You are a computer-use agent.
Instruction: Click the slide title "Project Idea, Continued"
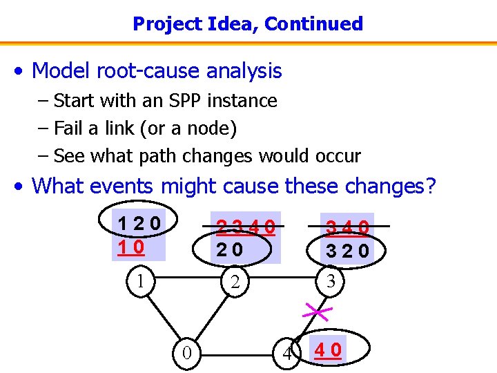(248, 24)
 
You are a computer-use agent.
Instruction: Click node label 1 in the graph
(140, 280)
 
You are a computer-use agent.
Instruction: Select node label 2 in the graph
(235, 281)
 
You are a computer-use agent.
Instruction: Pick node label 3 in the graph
(331, 281)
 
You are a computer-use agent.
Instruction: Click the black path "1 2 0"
(139, 224)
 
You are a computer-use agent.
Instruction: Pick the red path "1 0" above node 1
(130, 246)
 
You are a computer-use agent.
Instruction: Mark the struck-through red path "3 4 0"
(347, 226)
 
